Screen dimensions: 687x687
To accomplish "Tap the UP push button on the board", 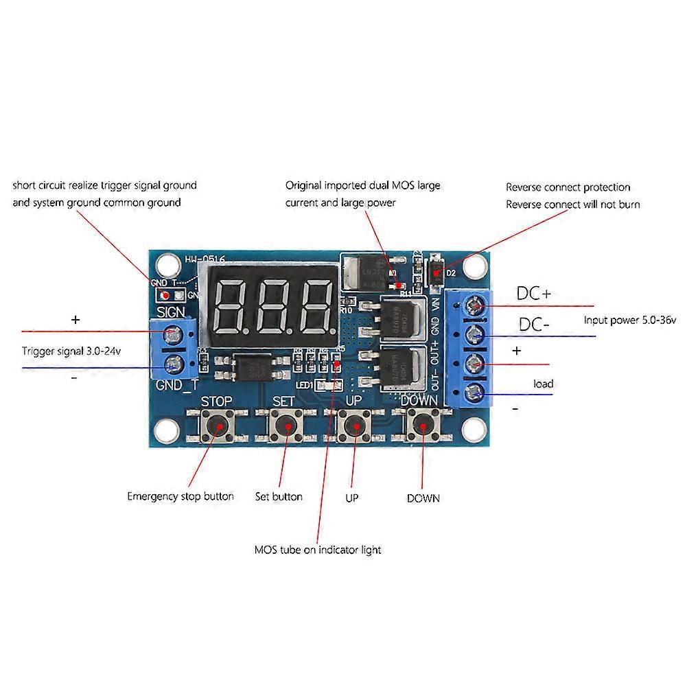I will (354, 428).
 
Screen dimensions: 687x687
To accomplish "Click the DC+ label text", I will (533, 293).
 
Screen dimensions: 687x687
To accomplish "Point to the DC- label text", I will (533, 325).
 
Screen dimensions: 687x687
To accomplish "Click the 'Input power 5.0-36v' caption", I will (629, 320).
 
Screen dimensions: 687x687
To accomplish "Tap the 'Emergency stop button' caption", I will (180, 496).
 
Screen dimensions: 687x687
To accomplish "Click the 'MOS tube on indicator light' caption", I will (317, 550).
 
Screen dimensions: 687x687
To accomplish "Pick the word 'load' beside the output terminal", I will (543, 384).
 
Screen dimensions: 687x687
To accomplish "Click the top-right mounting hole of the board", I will (473, 264).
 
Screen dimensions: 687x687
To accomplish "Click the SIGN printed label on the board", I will (170, 312).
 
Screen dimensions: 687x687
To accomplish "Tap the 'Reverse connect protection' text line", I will (568, 187).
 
